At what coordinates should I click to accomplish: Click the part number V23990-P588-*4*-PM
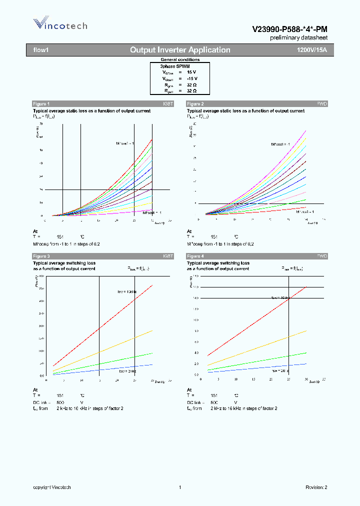290,29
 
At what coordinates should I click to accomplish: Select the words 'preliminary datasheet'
298,38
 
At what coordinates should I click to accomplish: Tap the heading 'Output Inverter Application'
180,50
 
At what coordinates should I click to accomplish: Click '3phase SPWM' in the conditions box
174,66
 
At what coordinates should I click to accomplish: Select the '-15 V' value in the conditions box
192,78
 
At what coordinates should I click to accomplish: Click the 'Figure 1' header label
41,103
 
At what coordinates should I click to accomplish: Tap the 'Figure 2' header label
195,103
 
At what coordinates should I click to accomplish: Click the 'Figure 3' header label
41,256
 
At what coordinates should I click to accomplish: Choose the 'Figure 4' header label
195,256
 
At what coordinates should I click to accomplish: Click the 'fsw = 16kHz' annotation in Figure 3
127,291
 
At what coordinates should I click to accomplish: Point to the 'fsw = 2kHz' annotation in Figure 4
281,371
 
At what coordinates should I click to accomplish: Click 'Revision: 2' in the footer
316,487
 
